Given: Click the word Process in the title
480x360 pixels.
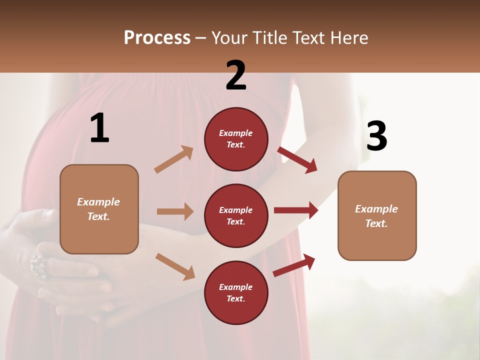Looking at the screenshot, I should pyautogui.click(x=157, y=37).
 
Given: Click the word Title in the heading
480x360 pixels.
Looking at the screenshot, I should pyautogui.click(x=267, y=37).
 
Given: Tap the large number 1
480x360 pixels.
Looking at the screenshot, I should pyautogui.click(x=99, y=128).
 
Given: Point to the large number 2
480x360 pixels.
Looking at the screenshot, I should pyautogui.click(x=236, y=75).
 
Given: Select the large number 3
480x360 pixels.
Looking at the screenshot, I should pyautogui.click(x=376, y=136).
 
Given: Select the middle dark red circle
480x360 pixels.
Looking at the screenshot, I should pyautogui.click(x=236, y=215).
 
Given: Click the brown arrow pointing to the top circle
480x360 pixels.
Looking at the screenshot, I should pyautogui.click(x=174, y=159).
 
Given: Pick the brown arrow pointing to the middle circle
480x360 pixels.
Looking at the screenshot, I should pyautogui.click(x=175, y=211).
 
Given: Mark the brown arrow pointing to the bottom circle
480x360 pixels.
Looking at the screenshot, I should pyautogui.click(x=175, y=266).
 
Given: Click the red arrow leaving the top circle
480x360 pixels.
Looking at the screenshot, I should pyautogui.click(x=297, y=159).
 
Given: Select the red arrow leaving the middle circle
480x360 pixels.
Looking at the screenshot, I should pyautogui.click(x=295, y=210).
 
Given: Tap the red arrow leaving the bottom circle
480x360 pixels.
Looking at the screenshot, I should pyautogui.click(x=294, y=265).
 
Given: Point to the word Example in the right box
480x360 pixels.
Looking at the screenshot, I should pyautogui.click(x=376, y=209).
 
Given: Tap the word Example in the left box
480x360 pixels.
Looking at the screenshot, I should pyautogui.click(x=98, y=202).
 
